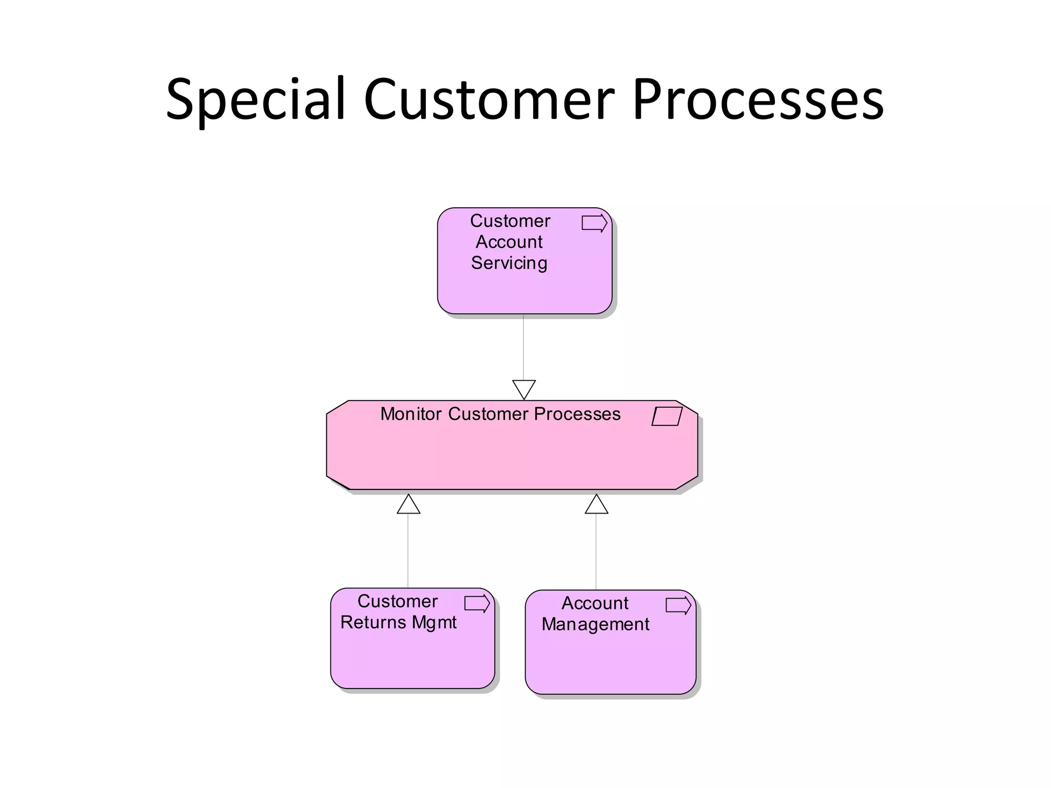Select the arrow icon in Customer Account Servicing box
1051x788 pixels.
pos(594,223)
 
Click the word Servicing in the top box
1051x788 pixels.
pos(509,263)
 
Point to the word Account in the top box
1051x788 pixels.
pos(509,242)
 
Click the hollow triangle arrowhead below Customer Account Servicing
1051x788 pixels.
pos(524,388)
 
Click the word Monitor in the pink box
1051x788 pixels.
pos(411,414)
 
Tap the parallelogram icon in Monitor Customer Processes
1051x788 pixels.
pos(667,416)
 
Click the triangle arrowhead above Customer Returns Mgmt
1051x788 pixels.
pos(408,505)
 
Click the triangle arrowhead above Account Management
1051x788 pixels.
pos(596,505)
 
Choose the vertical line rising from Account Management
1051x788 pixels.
pos(596,551)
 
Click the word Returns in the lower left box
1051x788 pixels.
pos(373,622)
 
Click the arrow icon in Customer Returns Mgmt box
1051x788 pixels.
pos(477,603)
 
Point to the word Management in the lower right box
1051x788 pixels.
pos(595,624)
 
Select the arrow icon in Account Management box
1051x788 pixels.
pos(678,605)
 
